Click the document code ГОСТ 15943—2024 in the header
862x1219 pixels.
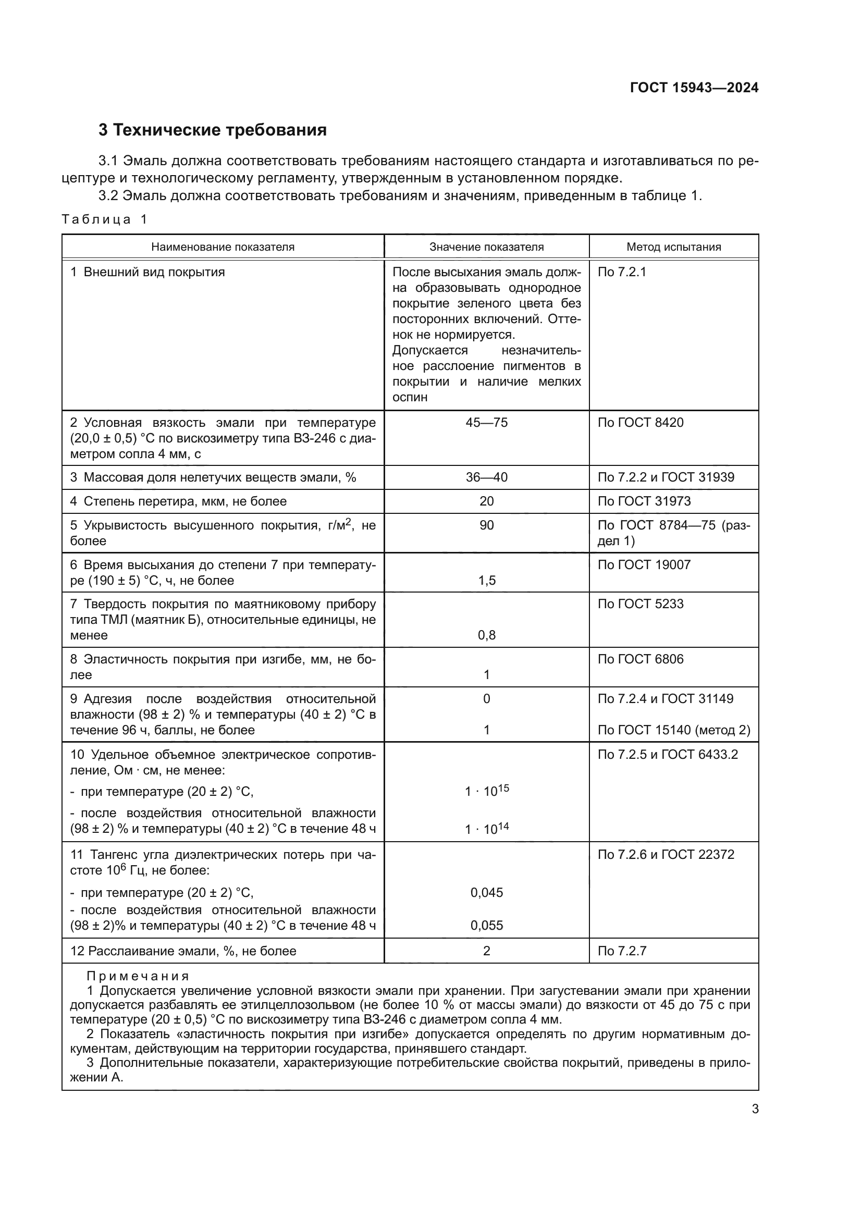[x=694, y=88]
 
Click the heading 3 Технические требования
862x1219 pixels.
[x=212, y=130]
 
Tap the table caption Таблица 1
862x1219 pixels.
[x=104, y=219]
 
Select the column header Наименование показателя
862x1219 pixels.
[x=223, y=247]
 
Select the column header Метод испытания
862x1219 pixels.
[x=673, y=247]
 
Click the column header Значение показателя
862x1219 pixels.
[x=486, y=247]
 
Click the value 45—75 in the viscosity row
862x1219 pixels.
[x=486, y=423]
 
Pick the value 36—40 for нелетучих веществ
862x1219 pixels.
[x=486, y=477]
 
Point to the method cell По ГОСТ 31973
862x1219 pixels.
[x=644, y=501]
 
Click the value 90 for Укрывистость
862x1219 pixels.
[x=486, y=525]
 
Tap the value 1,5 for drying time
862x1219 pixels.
[x=486, y=580]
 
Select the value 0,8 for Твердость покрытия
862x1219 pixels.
[x=486, y=635]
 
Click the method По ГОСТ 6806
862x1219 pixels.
[x=640, y=659]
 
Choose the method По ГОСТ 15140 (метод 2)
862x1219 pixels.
[x=673, y=730]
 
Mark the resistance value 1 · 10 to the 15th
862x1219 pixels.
[x=486, y=791]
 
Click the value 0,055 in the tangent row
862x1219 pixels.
[x=486, y=926]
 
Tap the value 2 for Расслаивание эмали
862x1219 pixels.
[x=486, y=951]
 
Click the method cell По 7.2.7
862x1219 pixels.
[x=622, y=951]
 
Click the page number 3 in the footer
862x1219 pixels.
[x=755, y=1109]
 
